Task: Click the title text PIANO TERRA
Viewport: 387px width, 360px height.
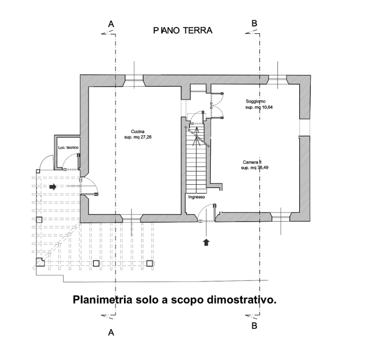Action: tap(183, 31)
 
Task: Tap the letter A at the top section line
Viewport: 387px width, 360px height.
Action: tap(111, 24)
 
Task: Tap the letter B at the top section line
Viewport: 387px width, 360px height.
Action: tap(254, 24)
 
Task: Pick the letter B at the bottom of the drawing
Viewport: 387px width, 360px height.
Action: tap(254, 326)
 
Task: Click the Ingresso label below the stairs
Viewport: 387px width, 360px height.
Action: tap(197, 197)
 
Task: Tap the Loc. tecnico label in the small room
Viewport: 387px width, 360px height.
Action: tap(68, 147)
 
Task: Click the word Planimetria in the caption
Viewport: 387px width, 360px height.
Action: tap(99, 301)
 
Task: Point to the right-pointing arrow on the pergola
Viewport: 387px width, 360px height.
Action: tap(52, 186)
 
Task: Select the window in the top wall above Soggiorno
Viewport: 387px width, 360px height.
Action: tap(277, 78)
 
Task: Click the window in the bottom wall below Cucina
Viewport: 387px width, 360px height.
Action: tap(132, 217)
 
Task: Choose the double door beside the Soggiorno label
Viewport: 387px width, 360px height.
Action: tap(217, 105)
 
